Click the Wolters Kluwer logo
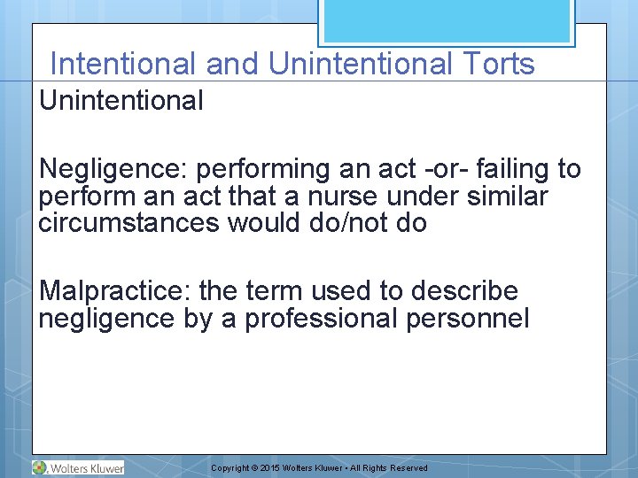(78, 467)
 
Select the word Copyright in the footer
(230, 468)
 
